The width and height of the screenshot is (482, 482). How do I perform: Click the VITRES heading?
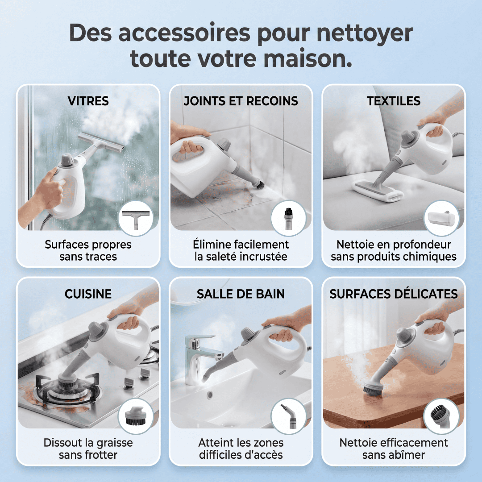pos(88,101)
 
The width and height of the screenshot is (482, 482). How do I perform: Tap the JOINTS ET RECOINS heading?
pos(241,101)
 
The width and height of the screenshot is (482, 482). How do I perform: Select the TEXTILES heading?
pos(394,101)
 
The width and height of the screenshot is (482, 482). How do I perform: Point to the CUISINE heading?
pos(88,294)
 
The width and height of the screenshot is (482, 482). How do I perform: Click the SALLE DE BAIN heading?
pos(241,294)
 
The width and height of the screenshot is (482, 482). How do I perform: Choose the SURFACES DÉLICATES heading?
pos(394,294)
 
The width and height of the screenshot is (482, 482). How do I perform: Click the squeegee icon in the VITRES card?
pos(136,218)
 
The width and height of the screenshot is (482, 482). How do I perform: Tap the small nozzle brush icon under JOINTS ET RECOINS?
pos(288,218)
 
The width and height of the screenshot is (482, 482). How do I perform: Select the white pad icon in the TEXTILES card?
pos(441,218)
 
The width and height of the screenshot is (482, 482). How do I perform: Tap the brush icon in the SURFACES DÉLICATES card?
pos(441,416)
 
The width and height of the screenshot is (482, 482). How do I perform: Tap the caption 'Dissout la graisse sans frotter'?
pos(88,449)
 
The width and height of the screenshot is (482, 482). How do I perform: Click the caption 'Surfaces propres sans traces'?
pos(88,250)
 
